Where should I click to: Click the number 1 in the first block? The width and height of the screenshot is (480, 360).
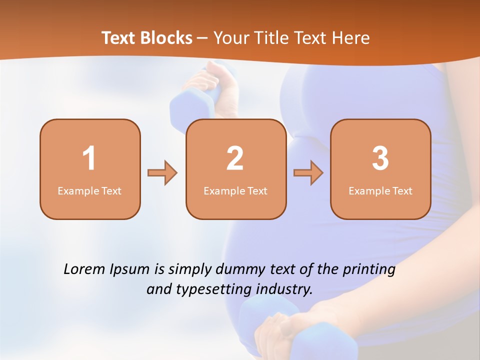(89, 158)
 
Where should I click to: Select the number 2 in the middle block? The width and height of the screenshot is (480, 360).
(235, 158)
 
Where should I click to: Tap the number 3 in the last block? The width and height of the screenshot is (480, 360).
(380, 158)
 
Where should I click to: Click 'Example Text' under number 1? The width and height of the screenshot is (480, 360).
(89, 191)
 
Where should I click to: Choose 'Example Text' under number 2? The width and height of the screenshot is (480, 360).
(235, 191)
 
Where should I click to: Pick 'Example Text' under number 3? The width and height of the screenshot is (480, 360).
(380, 191)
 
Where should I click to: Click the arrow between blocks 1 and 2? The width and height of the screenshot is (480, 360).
(162, 173)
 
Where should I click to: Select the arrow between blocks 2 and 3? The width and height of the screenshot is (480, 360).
(308, 173)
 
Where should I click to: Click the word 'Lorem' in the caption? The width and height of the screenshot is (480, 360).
(84, 269)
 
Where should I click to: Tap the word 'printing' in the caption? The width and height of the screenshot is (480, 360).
(368, 270)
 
